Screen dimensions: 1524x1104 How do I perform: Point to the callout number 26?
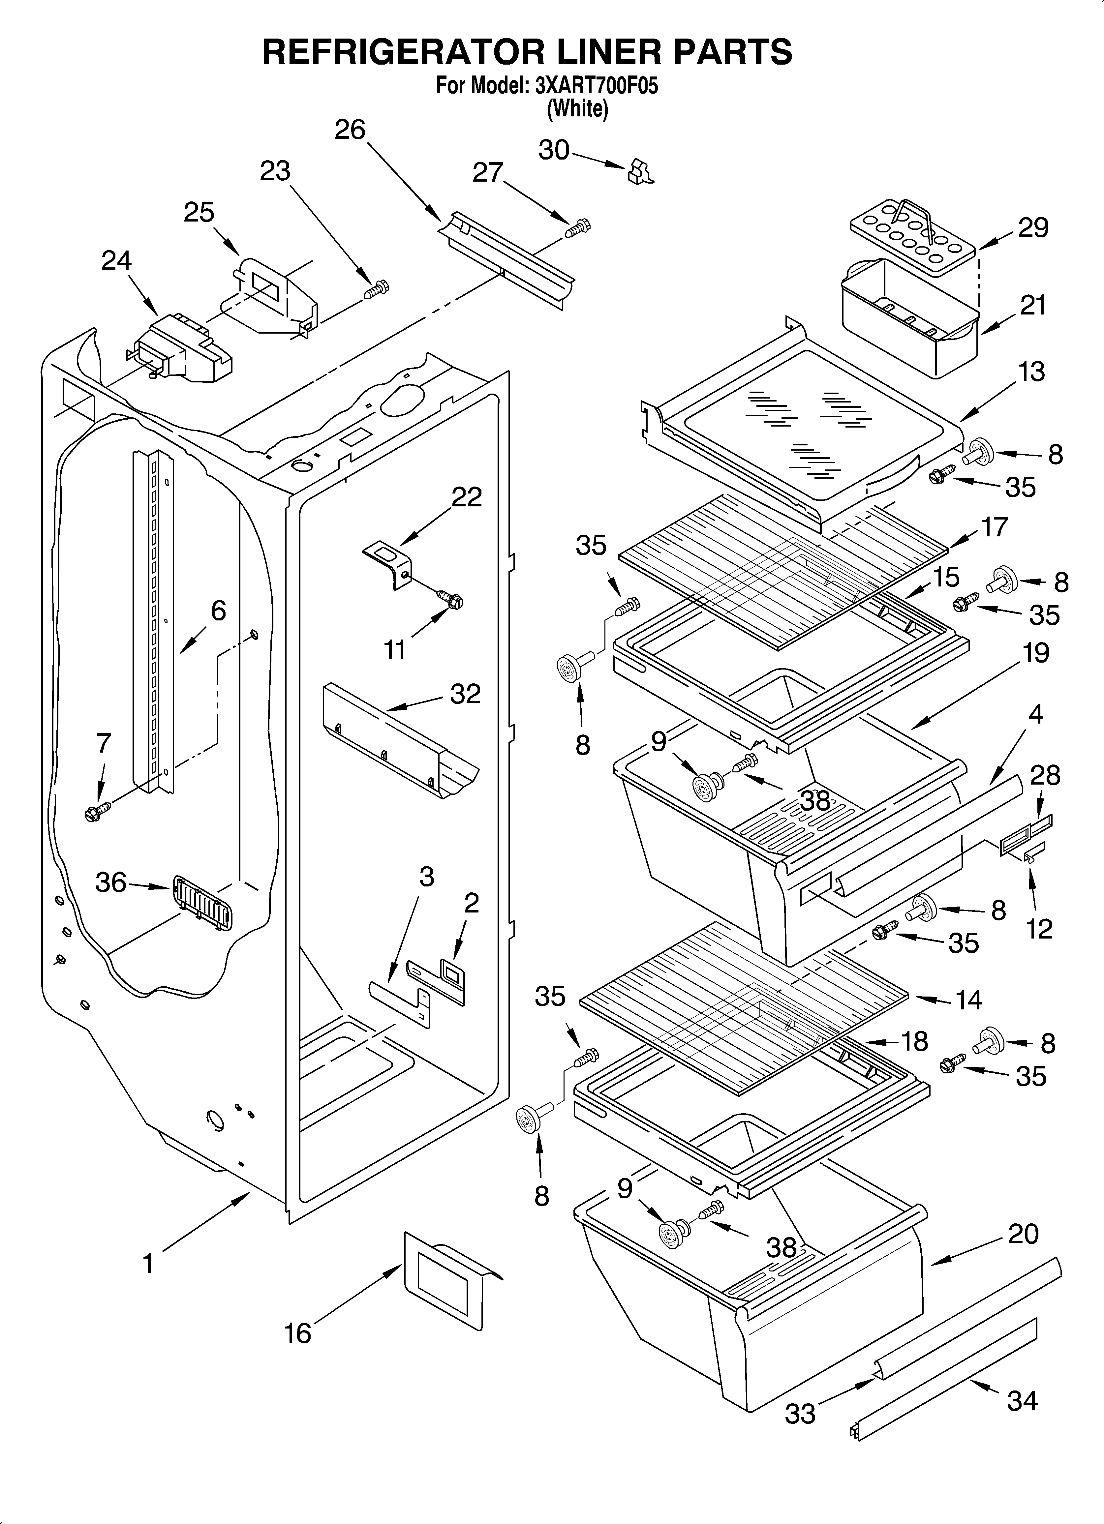pyautogui.click(x=350, y=130)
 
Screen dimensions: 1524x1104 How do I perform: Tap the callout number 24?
pyautogui.click(x=116, y=261)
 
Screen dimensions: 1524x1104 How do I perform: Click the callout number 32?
pyautogui.click(x=465, y=694)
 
